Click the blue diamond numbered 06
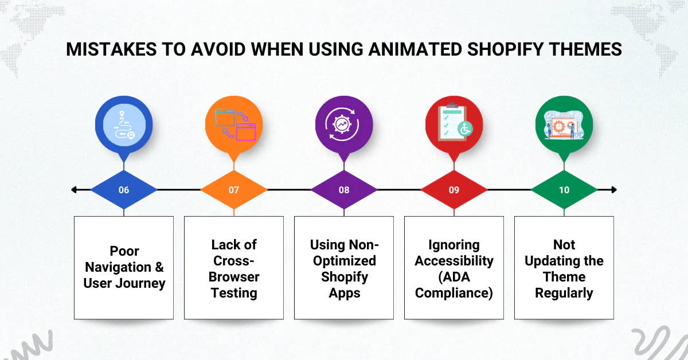pyautogui.click(x=124, y=190)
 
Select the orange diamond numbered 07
pyautogui.click(x=234, y=190)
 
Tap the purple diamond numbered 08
pyautogui.click(x=344, y=190)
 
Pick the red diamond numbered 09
pyautogui.click(x=454, y=190)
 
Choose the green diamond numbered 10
pyautogui.click(x=564, y=190)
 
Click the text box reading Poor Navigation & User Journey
pyautogui.click(x=124, y=268)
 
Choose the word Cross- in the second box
pyautogui.click(x=234, y=261)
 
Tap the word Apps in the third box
pyautogui.click(x=344, y=293)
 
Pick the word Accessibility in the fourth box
pyautogui.click(x=454, y=261)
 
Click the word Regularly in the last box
pyautogui.click(x=564, y=293)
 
